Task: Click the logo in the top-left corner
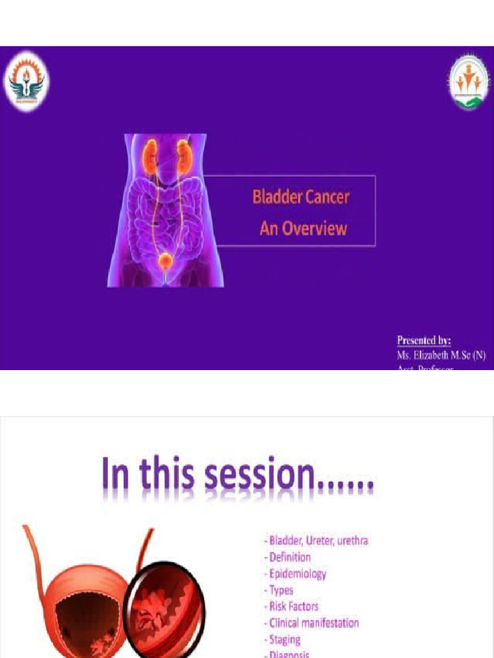pyautogui.click(x=26, y=82)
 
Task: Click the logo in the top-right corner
pyautogui.click(x=468, y=82)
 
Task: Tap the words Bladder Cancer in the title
pyautogui.click(x=300, y=197)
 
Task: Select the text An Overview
pyautogui.click(x=303, y=228)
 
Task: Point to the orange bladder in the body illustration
pyautogui.click(x=166, y=261)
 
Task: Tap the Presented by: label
pyautogui.click(x=423, y=341)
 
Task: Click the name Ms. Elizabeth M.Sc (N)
pyautogui.click(x=441, y=355)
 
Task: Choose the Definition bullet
pyautogui.click(x=288, y=557)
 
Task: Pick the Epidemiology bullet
pyautogui.click(x=295, y=574)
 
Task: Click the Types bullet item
pyautogui.click(x=279, y=590)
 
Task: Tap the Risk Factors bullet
pyautogui.click(x=291, y=606)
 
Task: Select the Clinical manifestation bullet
pyautogui.click(x=312, y=623)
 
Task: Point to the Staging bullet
pyautogui.click(x=282, y=639)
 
